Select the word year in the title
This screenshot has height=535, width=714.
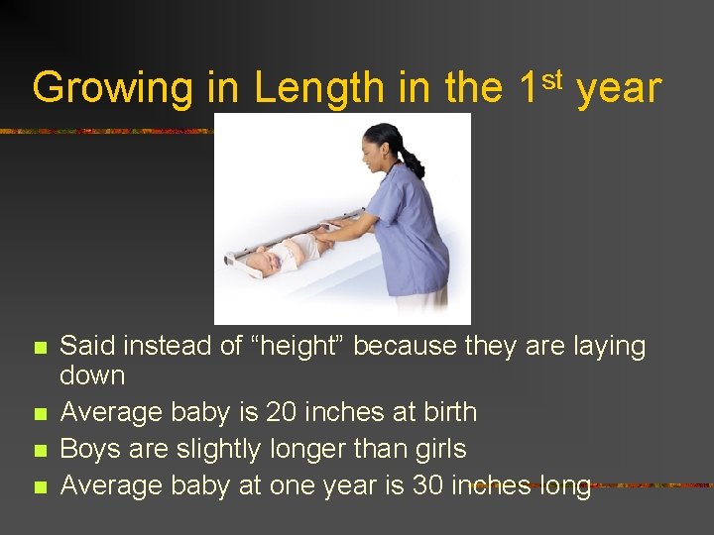(x=618, y=89)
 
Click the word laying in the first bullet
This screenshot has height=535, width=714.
(x=604, y=346)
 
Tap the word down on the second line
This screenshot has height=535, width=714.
(x=92, y=375)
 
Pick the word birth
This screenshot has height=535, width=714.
(x=443, y=412)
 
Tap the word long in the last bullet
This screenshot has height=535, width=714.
(x=564, y=485)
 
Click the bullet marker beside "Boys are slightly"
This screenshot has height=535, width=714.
(x=40, y=450)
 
